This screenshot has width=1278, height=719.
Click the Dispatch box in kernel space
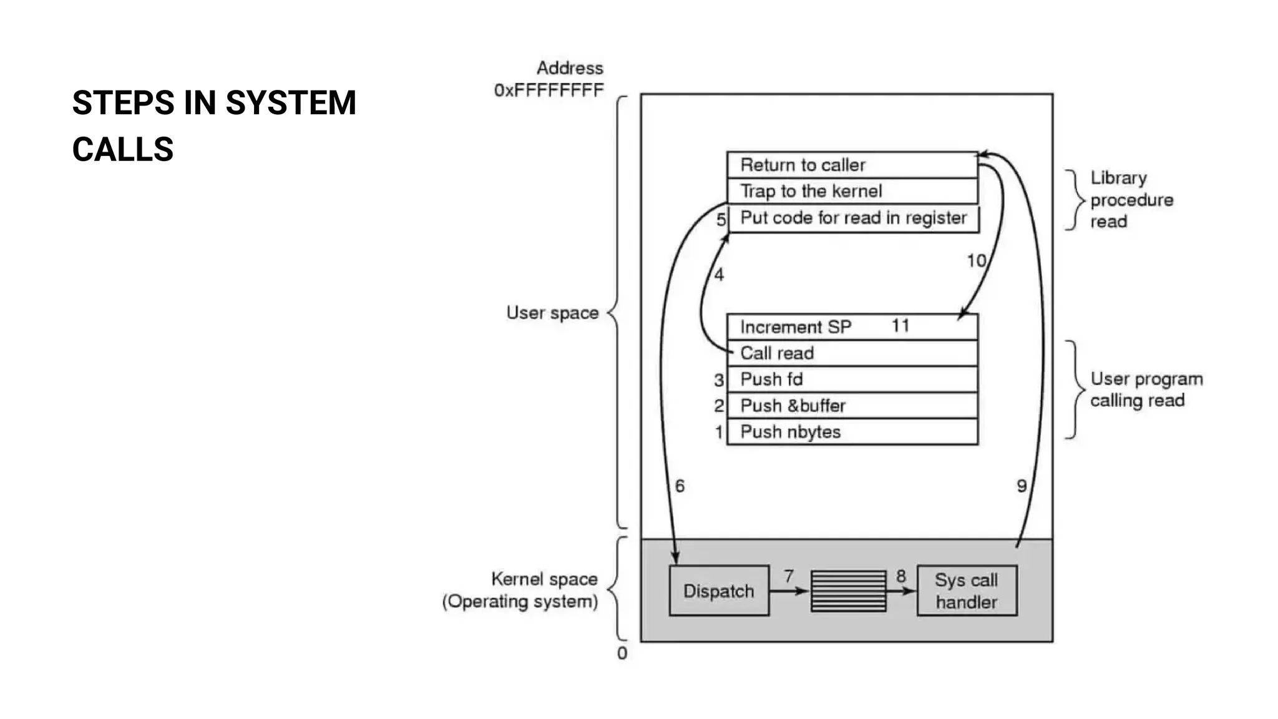[719, 590]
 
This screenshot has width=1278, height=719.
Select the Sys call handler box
[967, 590]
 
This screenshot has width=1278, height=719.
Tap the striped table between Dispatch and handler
[848, 590]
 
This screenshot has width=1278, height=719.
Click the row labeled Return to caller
[852, 165]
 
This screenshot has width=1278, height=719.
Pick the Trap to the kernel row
[852, 191]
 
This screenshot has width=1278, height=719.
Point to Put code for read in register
[853, 218]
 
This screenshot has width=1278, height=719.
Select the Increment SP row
[852, 327]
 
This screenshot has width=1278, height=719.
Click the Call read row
[852, 353]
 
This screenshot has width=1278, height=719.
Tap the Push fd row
[852, 379]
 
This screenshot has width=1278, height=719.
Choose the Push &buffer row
[852, 406]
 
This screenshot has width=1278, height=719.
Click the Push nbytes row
[852, 432]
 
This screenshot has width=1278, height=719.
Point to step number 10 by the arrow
[977, 261]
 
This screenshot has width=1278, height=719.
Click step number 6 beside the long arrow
[680, 486]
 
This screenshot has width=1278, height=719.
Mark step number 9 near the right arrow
[1022, 486]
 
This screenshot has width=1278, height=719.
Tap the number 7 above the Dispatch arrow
[789, 575]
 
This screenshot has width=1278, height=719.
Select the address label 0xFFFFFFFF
[549, 90]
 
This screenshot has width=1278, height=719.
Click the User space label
[552, 313]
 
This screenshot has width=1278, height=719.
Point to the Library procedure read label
[1131, 200]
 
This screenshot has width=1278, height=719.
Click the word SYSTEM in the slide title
[290, 103]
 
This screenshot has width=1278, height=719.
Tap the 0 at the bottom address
[622, 653]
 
